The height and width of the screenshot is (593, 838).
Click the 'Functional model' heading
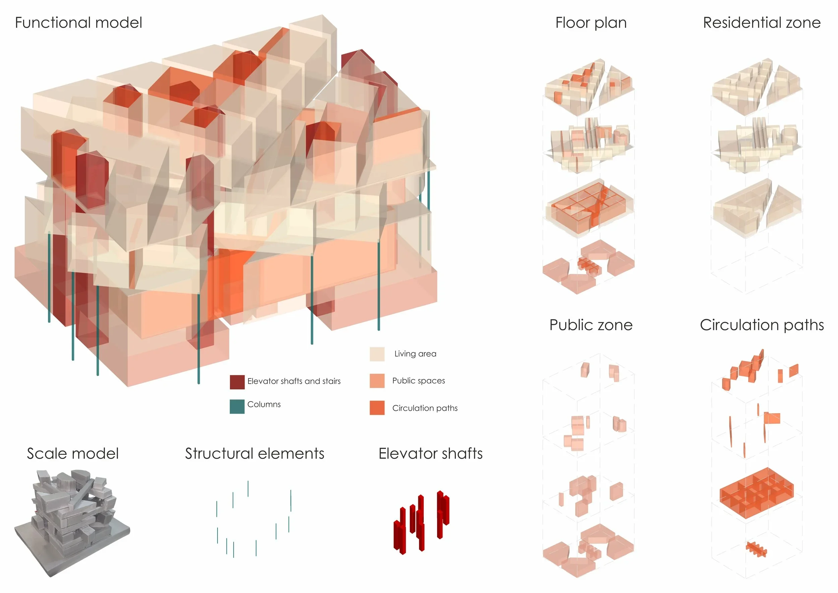coord(78,22)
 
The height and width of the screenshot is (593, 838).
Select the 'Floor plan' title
coord(591,22)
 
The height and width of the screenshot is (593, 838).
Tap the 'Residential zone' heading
coord(762,22)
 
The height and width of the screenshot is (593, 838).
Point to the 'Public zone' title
coord(591,325)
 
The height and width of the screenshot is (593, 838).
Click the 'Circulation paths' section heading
coord(762,325)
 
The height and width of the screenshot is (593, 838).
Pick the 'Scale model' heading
coord(73,453)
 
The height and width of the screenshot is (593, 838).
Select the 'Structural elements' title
coord(254,453)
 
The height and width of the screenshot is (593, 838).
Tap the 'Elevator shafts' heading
coord(430,453)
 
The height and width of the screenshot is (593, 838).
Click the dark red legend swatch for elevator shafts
coord(237,382)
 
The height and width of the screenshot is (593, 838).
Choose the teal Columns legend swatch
coord(237,407)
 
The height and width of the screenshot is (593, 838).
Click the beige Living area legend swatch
coord(377,354)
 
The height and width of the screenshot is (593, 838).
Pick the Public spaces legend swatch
coord(377,381)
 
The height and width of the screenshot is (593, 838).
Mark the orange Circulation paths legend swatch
coord(377,408)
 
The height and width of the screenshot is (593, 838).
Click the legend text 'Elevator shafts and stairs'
coord(294,381)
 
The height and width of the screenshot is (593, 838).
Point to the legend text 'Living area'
coord(415,354)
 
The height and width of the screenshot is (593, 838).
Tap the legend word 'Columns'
coord(264,405)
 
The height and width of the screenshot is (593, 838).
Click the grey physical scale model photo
coord(72,522)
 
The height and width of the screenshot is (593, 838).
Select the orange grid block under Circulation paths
coord(757,493)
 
